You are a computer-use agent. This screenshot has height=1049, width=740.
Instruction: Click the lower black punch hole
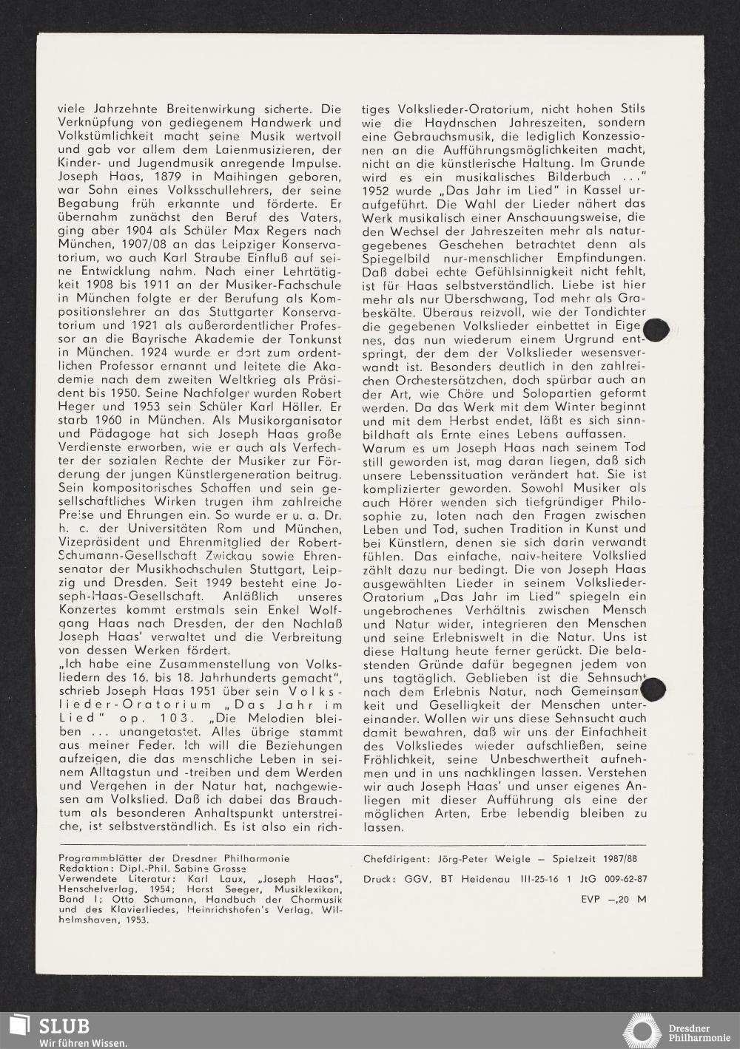[654, 689]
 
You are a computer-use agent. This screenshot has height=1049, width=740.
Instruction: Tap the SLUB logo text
[64, 1026]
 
